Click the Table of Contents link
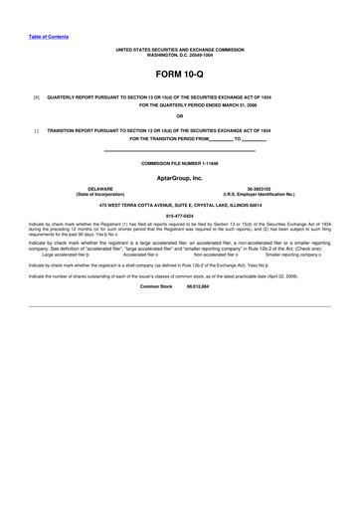tap(48, 36)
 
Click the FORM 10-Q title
tap(179, 75)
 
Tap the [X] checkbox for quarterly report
tap(36, 97)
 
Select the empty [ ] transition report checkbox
tap(36, 130)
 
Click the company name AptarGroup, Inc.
tap(179, 177)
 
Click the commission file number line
tap(179, 162)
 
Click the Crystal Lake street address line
tap(179, 202)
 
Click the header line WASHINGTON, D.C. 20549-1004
tap(179, 53)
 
